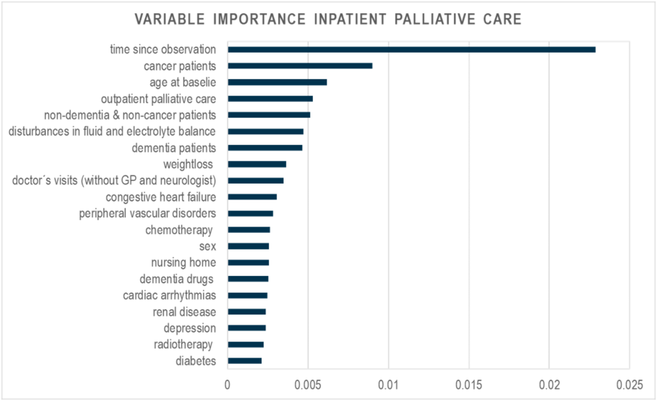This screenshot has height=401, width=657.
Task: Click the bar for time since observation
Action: point(412,50)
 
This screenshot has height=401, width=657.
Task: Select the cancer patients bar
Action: point(300,66)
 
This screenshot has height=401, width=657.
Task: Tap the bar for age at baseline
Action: point(277,82)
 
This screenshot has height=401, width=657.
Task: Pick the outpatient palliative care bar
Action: point(270,99)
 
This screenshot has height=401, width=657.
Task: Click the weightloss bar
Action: point(257,164)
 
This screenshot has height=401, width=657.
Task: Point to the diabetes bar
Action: point(245,361)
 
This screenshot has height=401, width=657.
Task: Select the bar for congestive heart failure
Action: point(252,197)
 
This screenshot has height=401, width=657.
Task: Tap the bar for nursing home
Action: point(248,262)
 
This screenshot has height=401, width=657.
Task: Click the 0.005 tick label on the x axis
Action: point(308,385)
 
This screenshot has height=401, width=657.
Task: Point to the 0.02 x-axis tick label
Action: point(549,385)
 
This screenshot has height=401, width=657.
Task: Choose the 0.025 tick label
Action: point(630,385)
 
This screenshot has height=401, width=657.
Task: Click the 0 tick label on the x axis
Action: point(227,385)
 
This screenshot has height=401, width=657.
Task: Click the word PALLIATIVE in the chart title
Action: point(435,19)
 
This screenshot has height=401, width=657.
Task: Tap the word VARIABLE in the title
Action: point(170,19)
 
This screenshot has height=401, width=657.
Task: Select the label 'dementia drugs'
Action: point(176,279)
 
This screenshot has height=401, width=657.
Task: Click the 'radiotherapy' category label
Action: point(183,344)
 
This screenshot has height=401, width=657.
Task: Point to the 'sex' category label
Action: point(207,246)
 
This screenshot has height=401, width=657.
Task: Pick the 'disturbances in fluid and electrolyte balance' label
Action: point(112,131)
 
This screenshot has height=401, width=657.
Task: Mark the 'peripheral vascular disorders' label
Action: point(147,213)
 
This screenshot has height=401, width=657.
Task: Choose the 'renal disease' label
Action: point(184,312)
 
